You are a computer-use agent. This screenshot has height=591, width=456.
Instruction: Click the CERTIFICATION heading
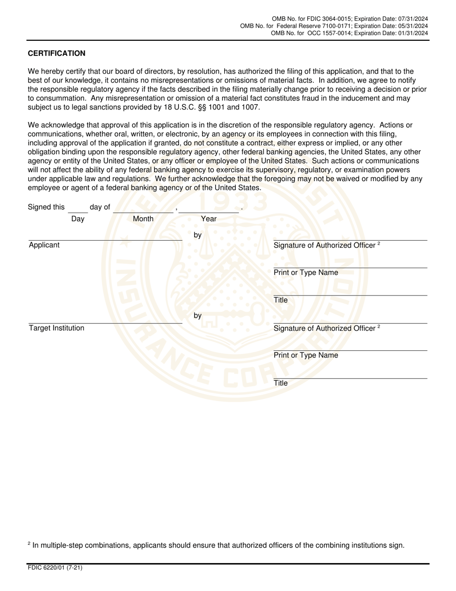coord(57,53)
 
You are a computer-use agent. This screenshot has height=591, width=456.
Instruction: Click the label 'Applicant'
coord(44,245)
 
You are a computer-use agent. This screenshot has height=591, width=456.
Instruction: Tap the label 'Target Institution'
coord(57,328)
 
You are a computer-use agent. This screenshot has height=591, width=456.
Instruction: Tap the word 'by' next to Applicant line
coord(197,235)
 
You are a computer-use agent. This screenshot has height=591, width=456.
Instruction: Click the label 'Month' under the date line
coord(143,219)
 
